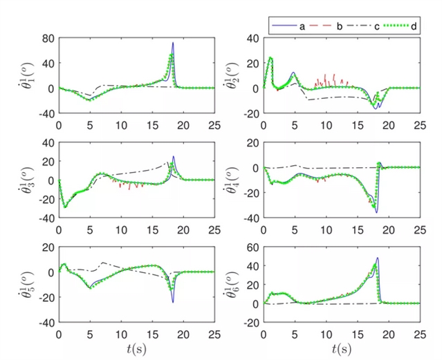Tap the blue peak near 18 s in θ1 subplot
[173, 43]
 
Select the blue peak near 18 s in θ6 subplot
[378, 258]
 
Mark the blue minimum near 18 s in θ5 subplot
[173, 302]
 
